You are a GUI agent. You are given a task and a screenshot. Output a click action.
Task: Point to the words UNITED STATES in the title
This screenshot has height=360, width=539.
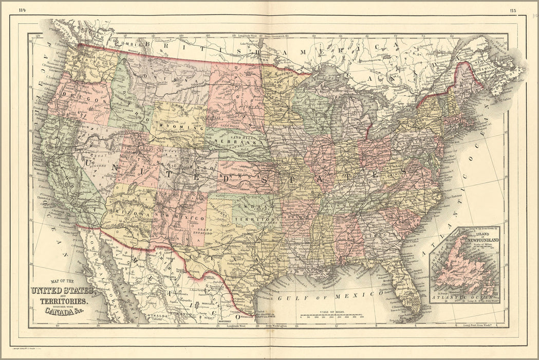pos(63,291)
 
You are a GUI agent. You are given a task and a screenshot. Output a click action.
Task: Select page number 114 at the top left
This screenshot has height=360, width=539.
pos(22,10)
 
